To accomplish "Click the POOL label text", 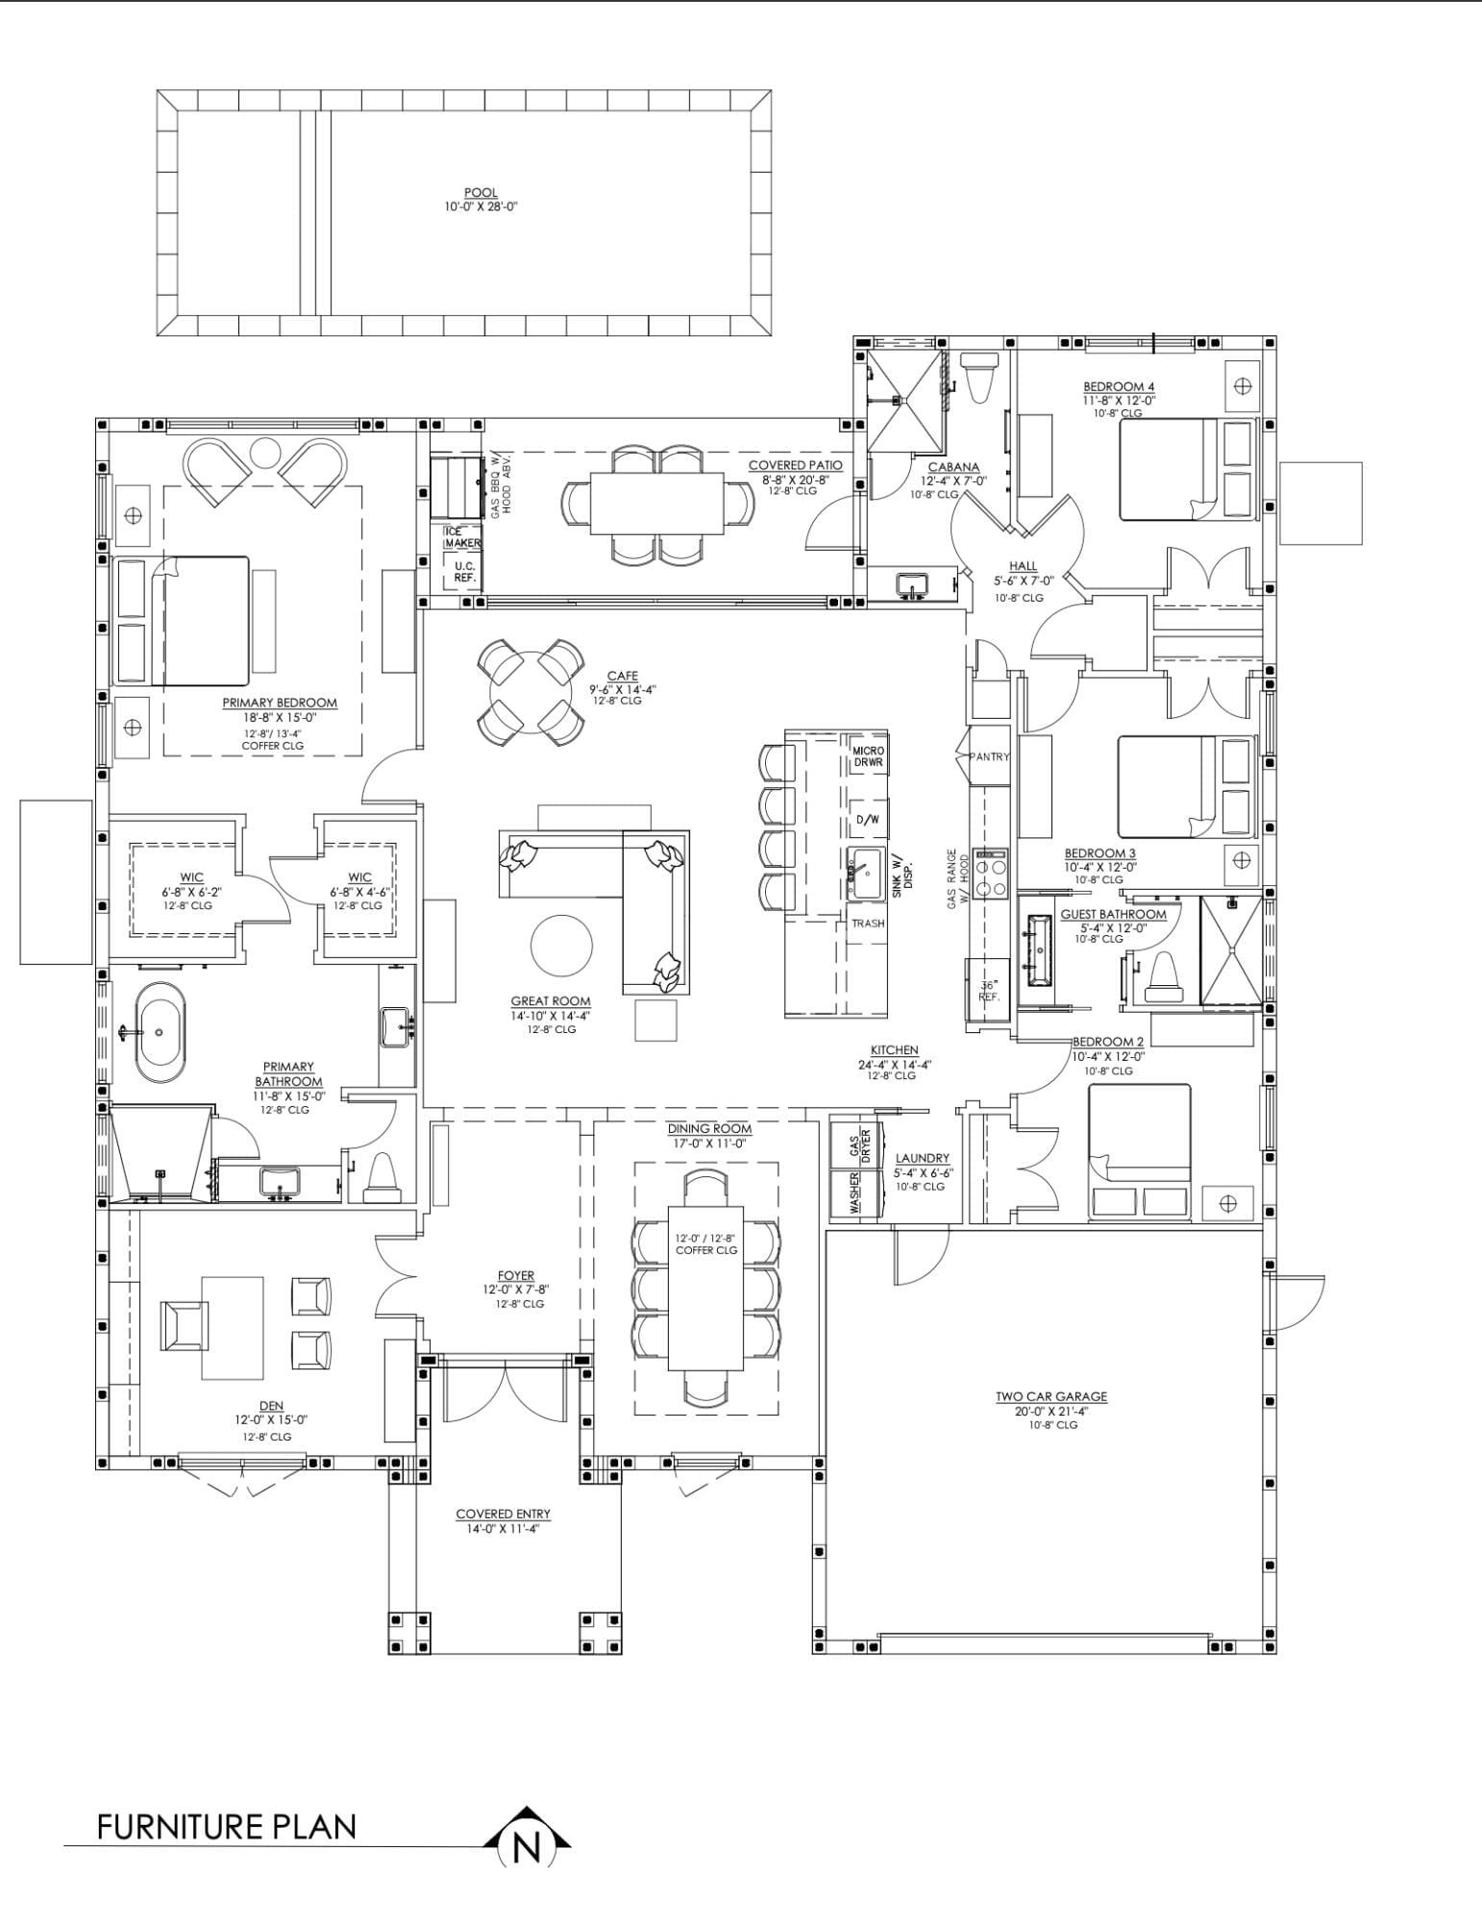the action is click(481, 193).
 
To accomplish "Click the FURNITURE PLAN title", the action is click(227, 1827).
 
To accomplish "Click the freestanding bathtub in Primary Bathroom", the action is click(160, 1034).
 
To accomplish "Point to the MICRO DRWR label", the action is click(869, 756).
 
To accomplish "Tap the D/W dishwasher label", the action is click(867, 820).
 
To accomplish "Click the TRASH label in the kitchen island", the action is click(868, 924).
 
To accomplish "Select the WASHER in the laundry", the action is click(854, 1192).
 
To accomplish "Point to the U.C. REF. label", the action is click(465, 572).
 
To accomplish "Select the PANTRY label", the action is click(990, 756).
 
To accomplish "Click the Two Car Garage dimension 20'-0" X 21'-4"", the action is click(1051, 1411).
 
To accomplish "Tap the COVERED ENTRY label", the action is click(504, 1515).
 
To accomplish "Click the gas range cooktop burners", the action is click(990, 873).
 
